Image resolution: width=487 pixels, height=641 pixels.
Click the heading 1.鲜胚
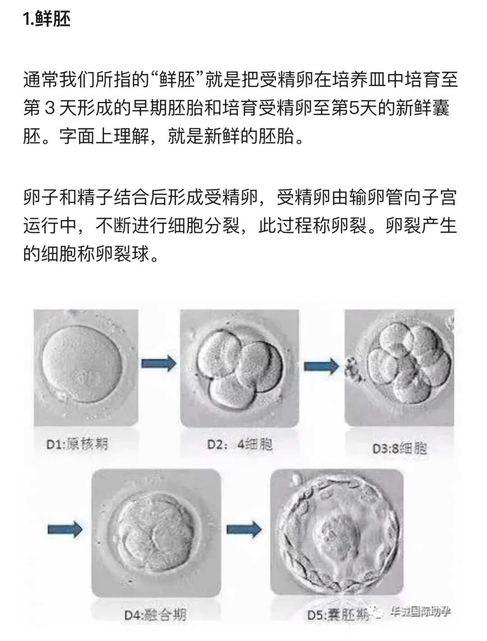pyautogui.click(x=47, y=19)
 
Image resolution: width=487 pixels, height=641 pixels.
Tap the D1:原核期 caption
pyautogui.click(x=77, y=444)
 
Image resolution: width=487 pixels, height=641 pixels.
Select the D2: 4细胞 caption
pyautogui.click(x=239, y=444)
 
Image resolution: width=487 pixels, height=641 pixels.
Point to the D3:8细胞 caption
pyautogui.click(x=400, y=448)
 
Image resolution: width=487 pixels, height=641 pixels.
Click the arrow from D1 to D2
pyautogui.click(x=158, y=363)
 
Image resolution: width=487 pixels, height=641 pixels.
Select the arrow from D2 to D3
pyautogui.click(x=321, y=366)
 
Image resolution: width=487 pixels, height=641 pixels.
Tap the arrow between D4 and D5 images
pyautogui.click(x=244, y=528)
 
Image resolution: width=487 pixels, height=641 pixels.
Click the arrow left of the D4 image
pyautogui.click(x=65, y=528)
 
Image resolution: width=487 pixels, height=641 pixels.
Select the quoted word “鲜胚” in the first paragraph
pyautogui.click(x=177, y=80)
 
